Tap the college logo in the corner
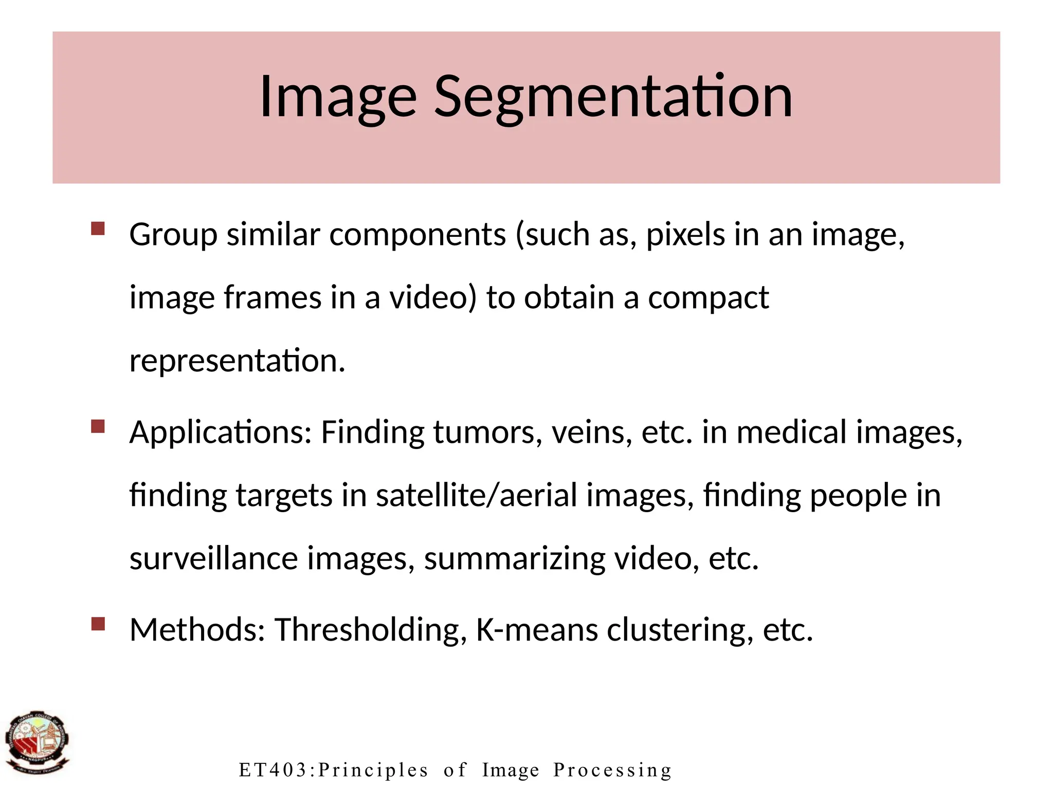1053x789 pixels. coord(37,743)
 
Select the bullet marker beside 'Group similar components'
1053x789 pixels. coord(98,229)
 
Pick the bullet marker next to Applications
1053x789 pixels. coord(98,426)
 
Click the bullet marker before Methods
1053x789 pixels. coord(98,624)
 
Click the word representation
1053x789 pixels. coord(237,361)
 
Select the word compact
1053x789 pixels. coord(708,298)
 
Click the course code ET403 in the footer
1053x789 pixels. coord(276,770)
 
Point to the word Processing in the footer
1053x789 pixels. coord(612,770)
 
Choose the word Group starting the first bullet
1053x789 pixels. coord(173,235)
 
